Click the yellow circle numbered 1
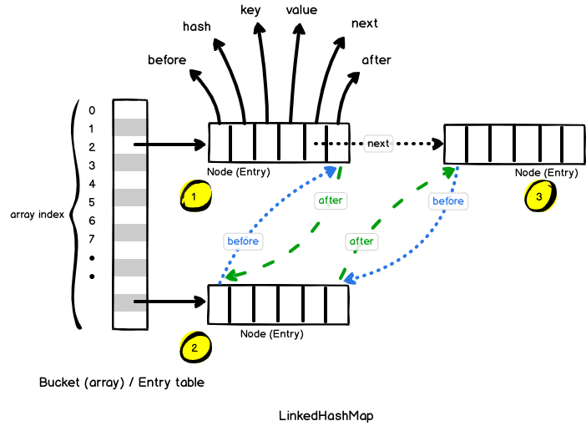pyautogui.click(x=194, y=196)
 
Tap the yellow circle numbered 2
pyautogui.click(x=194, y=348)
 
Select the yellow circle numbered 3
pyautogui.click(x=538, y=196)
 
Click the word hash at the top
pyautogui.click(x=197, y=27)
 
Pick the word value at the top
pyautogui.click(x=301, y=10)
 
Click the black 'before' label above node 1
pyautogui.click(x=167, y=60)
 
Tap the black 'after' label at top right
pyautogui.click(x=376, y=60)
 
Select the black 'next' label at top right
pyautogui.click(x=365, y=23)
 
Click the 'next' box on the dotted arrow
pyautogui.click(x=378, y=143)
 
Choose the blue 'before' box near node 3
pyautogui.click(x=448, y=200)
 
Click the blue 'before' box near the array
pyautogui.click(x=243, y=241)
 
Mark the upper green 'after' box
pyautogui.click(x=331, y=200)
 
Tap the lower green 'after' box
pyautogui.click(x=361, y=241)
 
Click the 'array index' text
pyautogui.click(x=38, y=215)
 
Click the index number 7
pyautogui.click(x=92, y=239)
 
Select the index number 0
pyautogui.click(x=92, y=110)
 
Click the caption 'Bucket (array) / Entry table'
pyautogui.click(x=121, y=383)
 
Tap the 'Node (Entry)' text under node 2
pyautogui.click(x=272, y=333)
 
